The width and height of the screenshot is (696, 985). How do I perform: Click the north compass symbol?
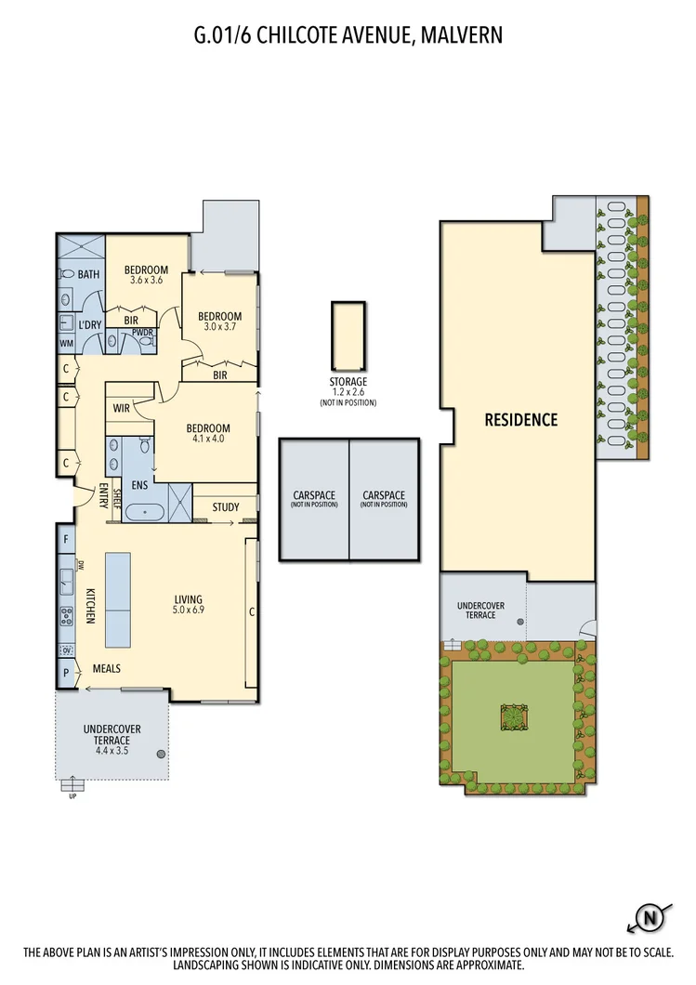point(651,918)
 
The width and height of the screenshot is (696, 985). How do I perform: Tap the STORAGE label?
point(348,382)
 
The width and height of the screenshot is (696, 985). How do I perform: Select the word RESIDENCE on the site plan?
point(521,420)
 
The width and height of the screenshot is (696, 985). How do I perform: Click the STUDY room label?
point(226,507)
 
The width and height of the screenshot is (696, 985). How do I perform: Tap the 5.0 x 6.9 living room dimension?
point(189,611)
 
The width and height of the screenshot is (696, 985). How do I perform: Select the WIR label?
point(121,408)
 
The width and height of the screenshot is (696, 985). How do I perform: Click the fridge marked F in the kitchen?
point(66,539)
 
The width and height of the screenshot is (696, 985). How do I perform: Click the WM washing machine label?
point(66,344)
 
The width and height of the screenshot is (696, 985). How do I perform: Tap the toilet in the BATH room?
point(66,274)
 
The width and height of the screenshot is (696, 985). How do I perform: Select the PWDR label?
point(143,332)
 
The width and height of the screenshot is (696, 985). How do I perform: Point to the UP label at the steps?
point(72,796)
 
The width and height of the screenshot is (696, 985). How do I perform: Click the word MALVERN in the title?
point(463,35)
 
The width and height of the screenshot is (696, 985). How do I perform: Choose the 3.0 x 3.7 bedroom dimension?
point(219,328)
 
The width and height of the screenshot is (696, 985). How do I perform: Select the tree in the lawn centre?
point(513,716)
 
